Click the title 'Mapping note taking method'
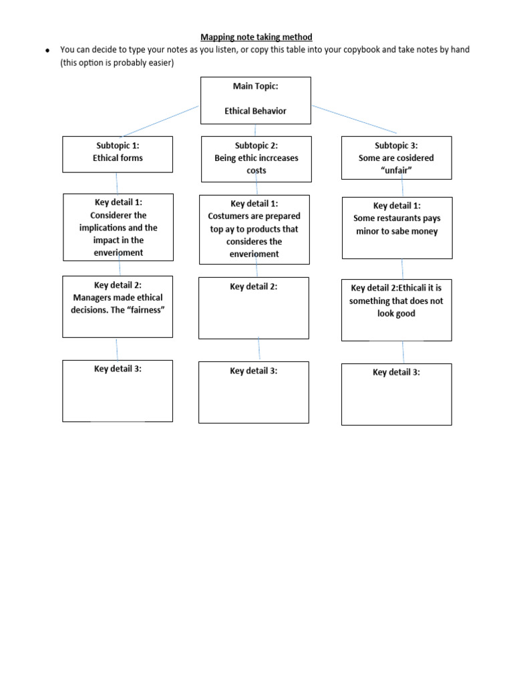tap(256, 37)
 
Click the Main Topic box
tap(256, 100)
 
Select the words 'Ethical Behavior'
tap(256, 111)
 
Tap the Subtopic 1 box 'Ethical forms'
tap(118, 154)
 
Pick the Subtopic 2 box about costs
tap(256, 159)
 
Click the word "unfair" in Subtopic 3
tap(396, 170)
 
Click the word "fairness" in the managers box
tap(146, 310)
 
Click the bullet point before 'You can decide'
tap(48, 51)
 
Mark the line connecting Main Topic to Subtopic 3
tap(354, 119)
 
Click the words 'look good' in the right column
tap(396, 313)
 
